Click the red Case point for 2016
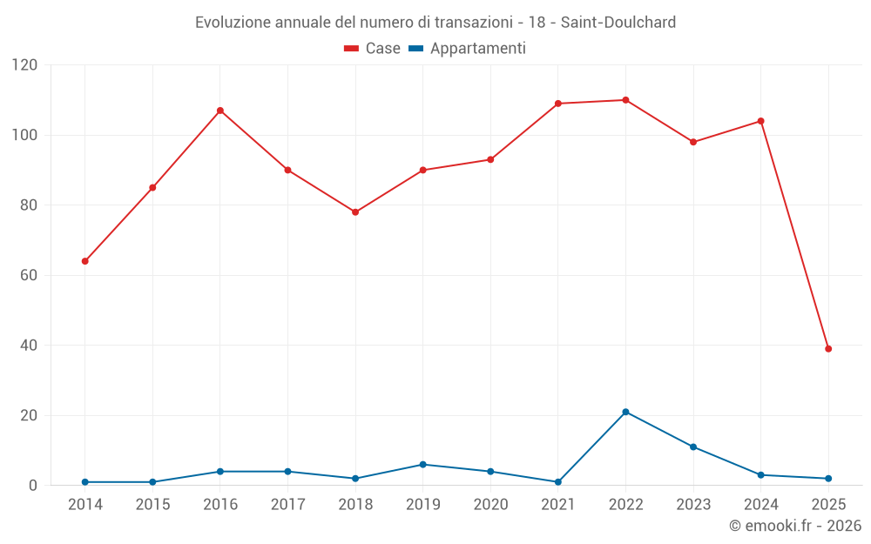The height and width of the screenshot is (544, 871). point(220,111)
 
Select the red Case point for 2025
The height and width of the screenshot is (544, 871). point(828,349)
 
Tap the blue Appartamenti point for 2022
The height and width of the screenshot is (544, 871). point(625,412)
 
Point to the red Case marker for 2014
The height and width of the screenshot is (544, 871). point(84,261)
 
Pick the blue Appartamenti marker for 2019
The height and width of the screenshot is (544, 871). point(423,465)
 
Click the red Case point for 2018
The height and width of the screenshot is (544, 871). point(355,212)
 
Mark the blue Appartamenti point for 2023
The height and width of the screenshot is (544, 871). point(693,447)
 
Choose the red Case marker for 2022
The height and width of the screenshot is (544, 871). point(625,100)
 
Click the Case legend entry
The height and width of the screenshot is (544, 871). point(373,49)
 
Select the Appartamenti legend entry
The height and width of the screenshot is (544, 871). point(468,49)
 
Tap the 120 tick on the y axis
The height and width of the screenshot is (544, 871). point(25,65)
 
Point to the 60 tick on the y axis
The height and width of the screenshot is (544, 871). point(30,275)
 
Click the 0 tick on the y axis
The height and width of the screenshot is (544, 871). point(34,486)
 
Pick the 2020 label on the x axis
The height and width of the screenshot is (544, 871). point(490,505)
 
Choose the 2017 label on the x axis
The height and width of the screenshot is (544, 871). point(287,505)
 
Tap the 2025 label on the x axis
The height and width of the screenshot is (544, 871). point(828,505)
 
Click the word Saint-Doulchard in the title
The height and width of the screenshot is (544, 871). point(618,23)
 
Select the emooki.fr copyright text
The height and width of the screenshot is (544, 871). point(795,526)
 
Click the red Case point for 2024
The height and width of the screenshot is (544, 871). point(760,121)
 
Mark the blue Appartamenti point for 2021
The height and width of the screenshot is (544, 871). point(558,482)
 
